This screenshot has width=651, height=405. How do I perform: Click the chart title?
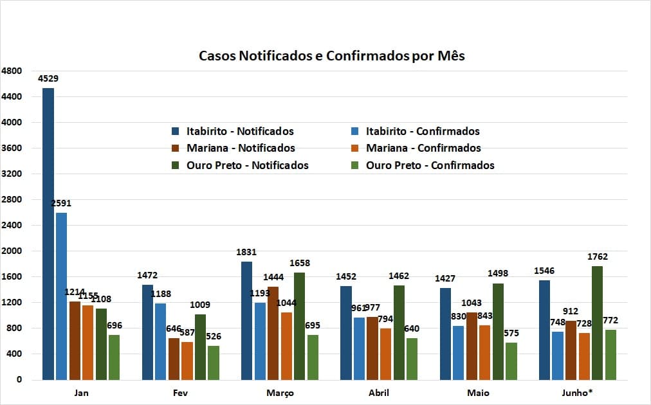(331, 56)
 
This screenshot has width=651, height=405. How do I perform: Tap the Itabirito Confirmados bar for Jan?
(62, 296)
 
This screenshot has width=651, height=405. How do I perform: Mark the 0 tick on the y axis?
(19, 380)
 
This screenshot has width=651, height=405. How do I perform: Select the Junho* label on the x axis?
(577, 393)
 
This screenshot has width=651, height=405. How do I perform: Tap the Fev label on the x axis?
(180, 393)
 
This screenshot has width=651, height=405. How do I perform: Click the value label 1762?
(597, 256)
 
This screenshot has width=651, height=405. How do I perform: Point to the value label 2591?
(62, 203)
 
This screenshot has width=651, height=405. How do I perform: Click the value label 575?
(511, 333)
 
